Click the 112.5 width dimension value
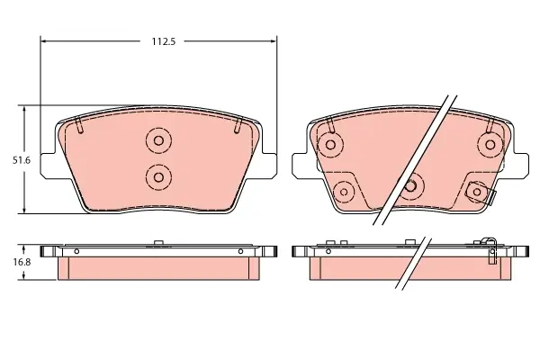[x=164, y=41]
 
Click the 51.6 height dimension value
[x=22, y=160]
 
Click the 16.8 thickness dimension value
[x=22, y=262]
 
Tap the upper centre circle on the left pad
[x=158, y=140]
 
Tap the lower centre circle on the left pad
[x=158, y=177]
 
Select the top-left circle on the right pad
[x=330, y=145]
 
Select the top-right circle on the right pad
[x=490, y=145]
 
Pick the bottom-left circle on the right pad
[x=344, y=192]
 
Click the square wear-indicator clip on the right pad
[x=477, y=192]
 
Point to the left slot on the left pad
[x=79, y=125]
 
